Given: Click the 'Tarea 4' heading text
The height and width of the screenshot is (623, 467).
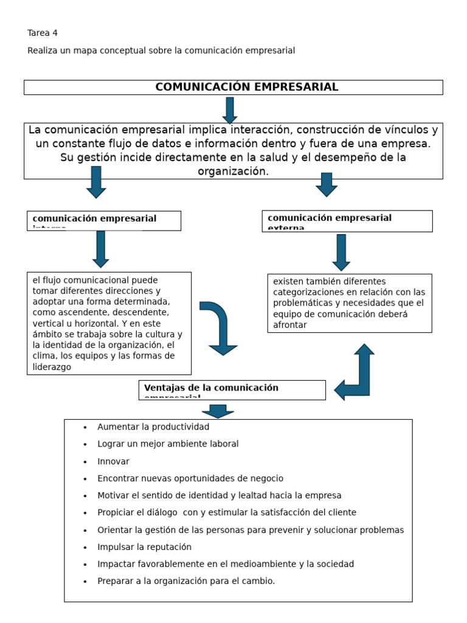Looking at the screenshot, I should tap(43, 33).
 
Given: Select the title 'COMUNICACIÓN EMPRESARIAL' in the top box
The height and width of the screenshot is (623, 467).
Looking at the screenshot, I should tap(246, 87).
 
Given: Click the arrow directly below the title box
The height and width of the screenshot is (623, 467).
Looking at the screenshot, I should tap(230, 110).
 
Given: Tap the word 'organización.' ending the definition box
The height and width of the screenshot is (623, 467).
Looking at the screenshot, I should tap(233, 172).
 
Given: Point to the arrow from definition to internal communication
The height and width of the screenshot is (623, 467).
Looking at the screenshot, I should tap(96, 182).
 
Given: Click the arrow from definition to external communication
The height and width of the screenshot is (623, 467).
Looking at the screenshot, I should tap(327, 184).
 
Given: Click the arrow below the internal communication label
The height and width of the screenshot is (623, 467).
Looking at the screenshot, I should tap(101, 249).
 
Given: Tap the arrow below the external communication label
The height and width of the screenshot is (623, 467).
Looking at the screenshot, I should tap(341, 252).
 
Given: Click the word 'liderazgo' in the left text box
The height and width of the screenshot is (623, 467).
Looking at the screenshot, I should tap(52, 367).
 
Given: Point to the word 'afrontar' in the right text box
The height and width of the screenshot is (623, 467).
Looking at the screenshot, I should tap(290, 325).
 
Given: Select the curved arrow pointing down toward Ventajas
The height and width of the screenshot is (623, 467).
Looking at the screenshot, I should tap(220, 327).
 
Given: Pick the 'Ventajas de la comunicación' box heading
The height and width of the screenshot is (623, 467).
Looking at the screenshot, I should tap(211, 388).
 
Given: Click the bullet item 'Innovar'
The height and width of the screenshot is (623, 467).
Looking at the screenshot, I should tap(113, 461).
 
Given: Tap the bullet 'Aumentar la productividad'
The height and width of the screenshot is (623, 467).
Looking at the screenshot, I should tap(153, 427).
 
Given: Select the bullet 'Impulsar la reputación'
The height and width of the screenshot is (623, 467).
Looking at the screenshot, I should tap(144, 547).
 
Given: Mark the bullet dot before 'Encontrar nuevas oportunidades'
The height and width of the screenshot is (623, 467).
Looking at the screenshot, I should tap(85, 479).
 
